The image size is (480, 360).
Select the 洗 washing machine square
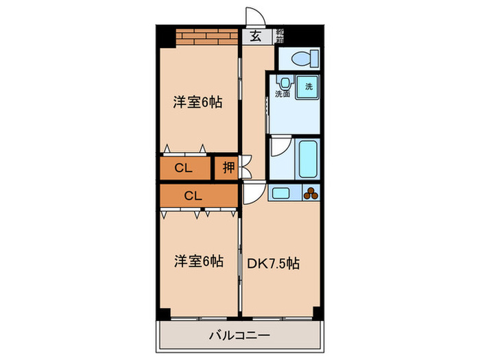pyautogui.click(x=308, y=88)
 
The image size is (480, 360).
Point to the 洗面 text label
pyautogui.click(x=283, y=94)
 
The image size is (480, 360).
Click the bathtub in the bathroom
pyautogui.click(x=307, y=159)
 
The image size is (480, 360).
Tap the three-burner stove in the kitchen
pyautogui.click(x=311, y=193)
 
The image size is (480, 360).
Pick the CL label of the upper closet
pyautogui.click(x=182, y=167)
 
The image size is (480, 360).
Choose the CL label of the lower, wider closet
pyautogui.click(x=193, y=195)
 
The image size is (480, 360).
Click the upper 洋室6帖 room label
pyautogui.click(x=197, y=103)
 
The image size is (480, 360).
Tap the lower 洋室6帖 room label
pyautogui.click(x=197, y=261)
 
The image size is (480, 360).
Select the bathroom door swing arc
pyautogui.click(x=279, y=147)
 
